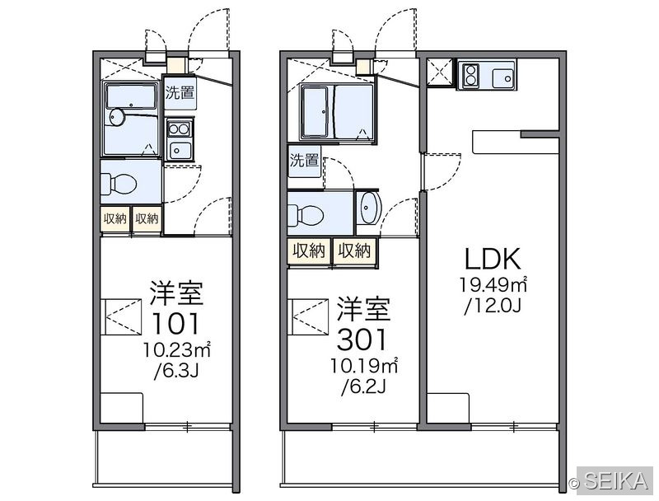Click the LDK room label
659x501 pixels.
click(493, 259)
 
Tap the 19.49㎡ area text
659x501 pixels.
click(493, 284)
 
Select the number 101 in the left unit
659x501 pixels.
click(175, 323)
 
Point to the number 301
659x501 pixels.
click(362, 339)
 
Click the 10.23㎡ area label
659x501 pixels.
click(176, 349)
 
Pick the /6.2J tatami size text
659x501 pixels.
click(363, 386)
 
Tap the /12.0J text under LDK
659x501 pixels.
click(493, 306)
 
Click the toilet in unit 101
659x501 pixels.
click(119, 184)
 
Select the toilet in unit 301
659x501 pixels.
click(306, 216)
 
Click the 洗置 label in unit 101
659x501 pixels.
click(180, 93)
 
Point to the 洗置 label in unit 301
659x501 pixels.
click(304, 160)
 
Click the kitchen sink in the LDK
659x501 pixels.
click(502, 77)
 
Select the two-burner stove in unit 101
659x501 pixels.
click(180, 129)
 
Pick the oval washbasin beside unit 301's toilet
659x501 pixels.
click(368, 208)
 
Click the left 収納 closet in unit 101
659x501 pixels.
click(115, 218)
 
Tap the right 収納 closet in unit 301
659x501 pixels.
click(354, 251)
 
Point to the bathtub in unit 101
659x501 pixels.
click(131, 96)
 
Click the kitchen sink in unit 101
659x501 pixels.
click(180, 150)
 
